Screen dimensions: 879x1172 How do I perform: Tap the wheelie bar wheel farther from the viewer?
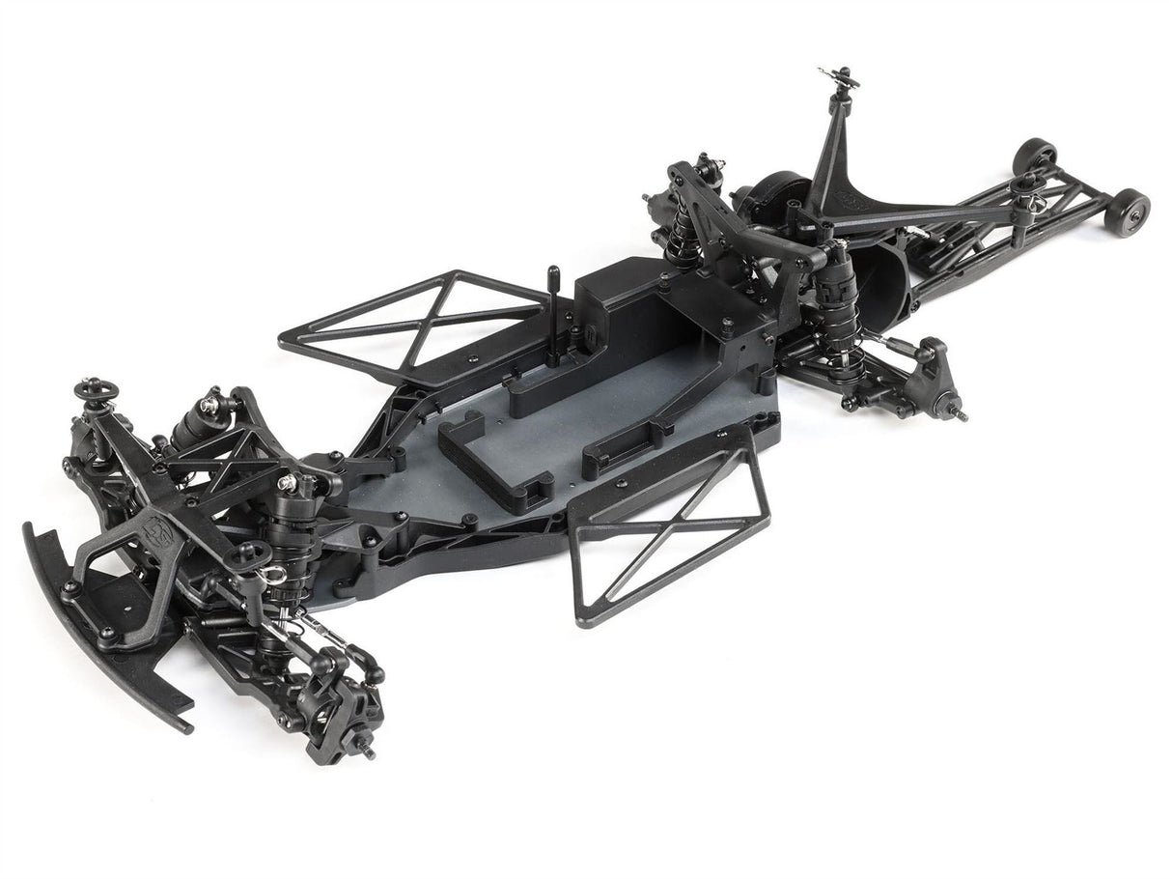pos(1035,156)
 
